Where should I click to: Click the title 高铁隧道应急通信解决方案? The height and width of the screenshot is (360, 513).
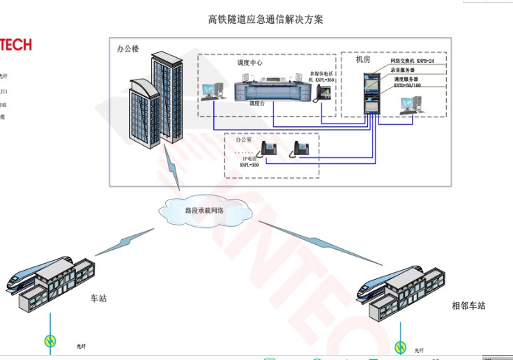click(x=266, y=20)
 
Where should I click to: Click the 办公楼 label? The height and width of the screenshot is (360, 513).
click(x=128, y=50)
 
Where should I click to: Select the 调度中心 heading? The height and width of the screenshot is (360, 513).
click(x=250, y=63)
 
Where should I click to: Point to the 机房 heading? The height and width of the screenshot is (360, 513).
click(x=362, y=59)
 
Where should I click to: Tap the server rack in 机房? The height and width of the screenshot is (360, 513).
click(x=370, y=91)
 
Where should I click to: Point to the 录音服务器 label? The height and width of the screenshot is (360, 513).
click(x=403, y=70)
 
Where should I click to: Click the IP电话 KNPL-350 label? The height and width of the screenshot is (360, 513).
click(x=249, y=162)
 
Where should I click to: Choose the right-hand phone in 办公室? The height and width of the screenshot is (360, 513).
click(x=301, y=149)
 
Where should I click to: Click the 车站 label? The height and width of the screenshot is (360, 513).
click(x=99, y=299)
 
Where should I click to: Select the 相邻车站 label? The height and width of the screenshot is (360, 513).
click(x=468, y=306)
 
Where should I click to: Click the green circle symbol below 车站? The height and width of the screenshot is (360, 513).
click(x=50, y=340)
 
